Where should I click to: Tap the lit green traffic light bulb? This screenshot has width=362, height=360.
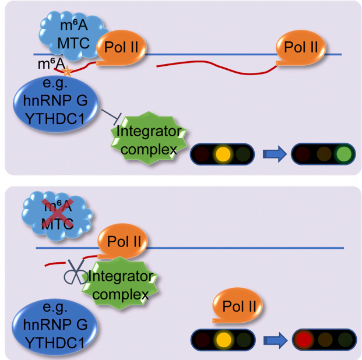(x=343, y=155)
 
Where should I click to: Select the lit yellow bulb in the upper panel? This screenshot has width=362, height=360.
(x=222, y=155)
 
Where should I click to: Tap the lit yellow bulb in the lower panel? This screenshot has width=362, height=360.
(x=222, y=340)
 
